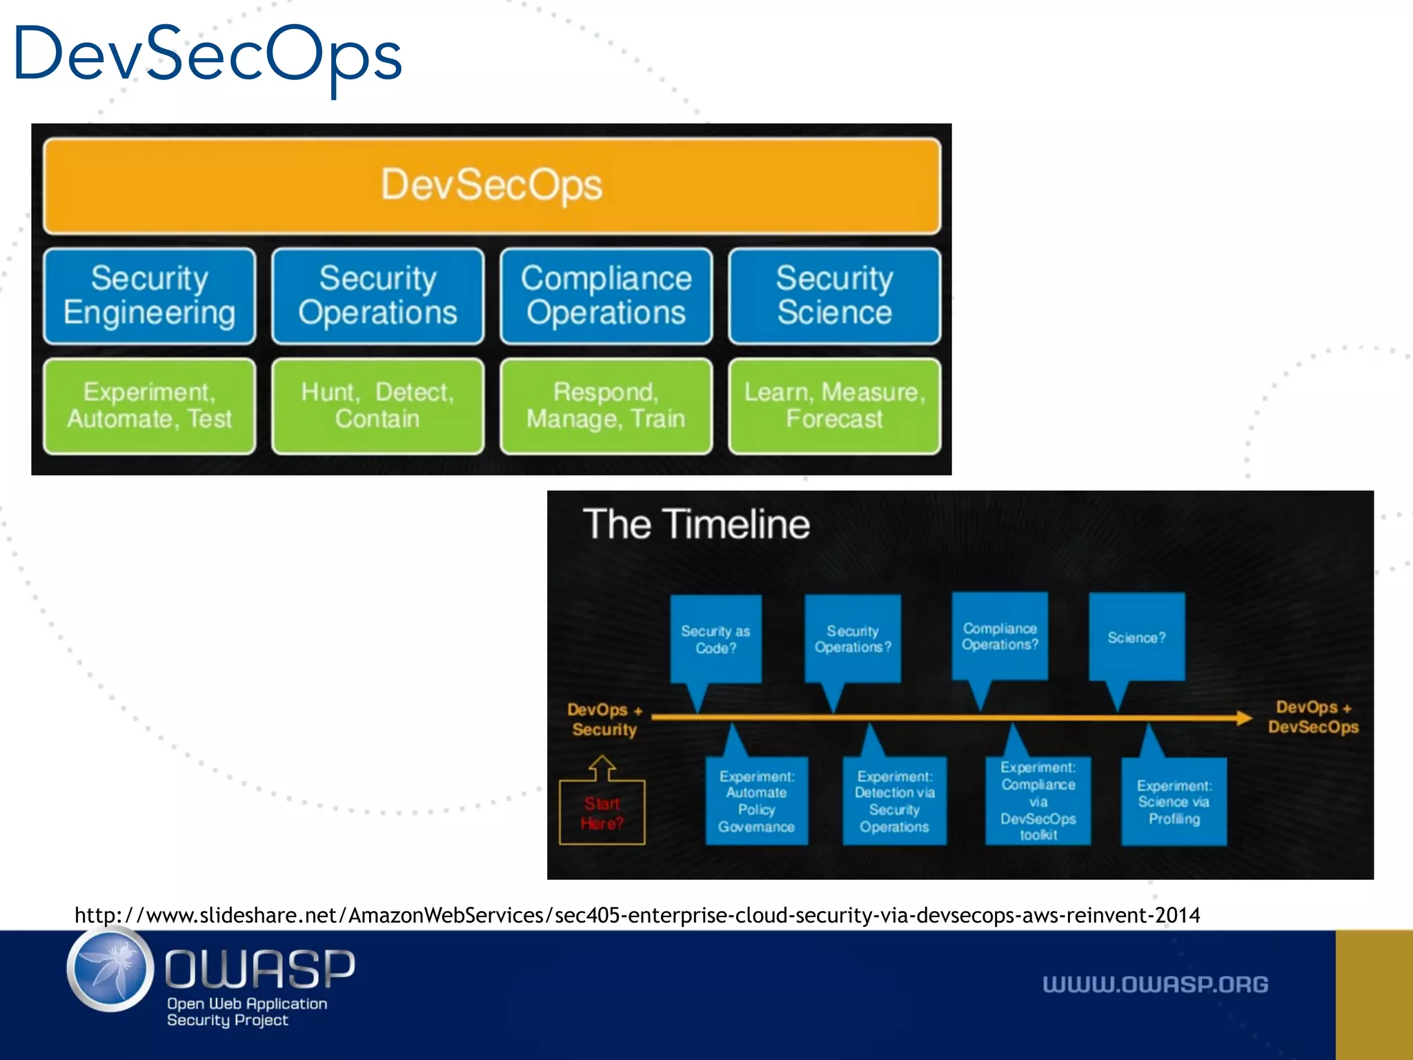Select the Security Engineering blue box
[x=149, y=296]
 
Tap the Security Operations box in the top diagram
[x=377, y=296]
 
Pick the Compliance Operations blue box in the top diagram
[x=606, y=296]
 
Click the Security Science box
[x=834, y=296]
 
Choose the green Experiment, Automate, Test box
[x=149, y=406]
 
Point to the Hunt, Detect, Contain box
[x=377, y=406]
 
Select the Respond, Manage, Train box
[x=606, y=406]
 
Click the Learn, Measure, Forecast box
[x=834, y=406]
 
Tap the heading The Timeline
[x=696, y=524]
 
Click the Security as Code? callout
[x=715, y=639]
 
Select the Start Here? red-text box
[x=602, y=813]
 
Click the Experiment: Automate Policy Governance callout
[x=756, y=801]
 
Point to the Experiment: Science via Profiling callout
[x=1174, y=802]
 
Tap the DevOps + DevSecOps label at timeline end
[x=1312, y=717]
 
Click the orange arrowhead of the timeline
[x=1244, y=718]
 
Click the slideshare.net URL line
[x=637, y=915]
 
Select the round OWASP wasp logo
[x=110, y=970]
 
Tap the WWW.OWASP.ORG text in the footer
[x=1155, y=984]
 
